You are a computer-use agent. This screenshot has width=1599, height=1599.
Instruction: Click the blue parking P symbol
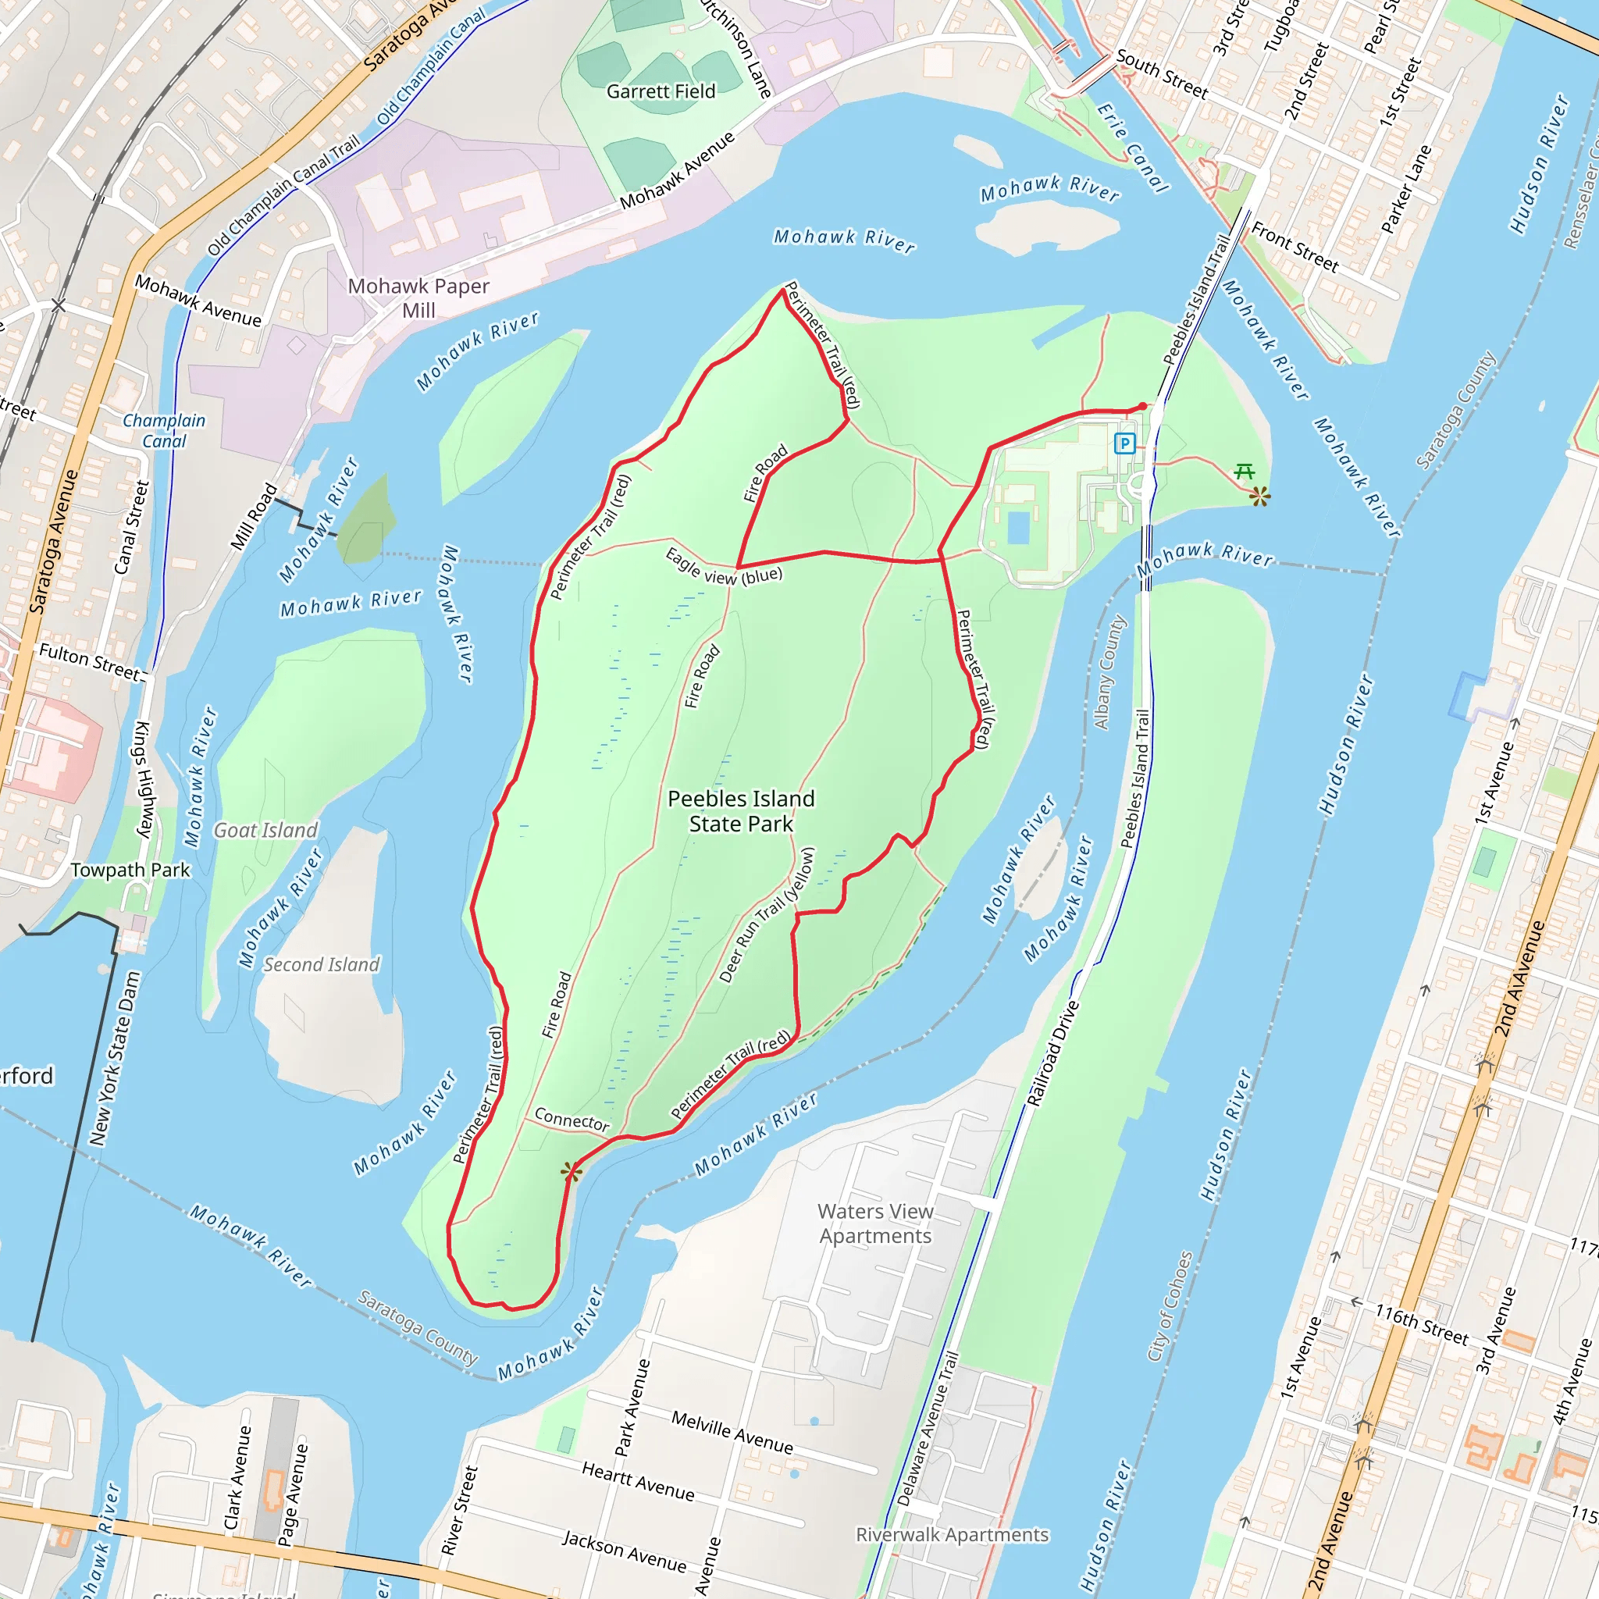pyautogui.click(x=1124, y=443)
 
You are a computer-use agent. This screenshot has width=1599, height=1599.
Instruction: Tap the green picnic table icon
pyautogui.click(x=1244, y=472)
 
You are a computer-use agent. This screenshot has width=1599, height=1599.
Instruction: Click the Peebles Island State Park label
pyautogui.click(x=741, y=811)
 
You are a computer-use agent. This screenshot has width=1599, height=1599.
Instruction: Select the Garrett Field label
pyautogui.click(x=661, y=91)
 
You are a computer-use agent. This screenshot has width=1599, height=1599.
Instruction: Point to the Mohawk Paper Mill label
pyautogui.click(x=418, y=298)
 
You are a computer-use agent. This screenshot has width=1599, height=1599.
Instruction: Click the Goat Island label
pyautogui.click(x=265, y=830)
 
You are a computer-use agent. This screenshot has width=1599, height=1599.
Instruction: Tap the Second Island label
pyautogui.click(x=321, y=964)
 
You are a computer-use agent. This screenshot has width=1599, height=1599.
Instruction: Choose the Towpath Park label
pyautogui.click(x=130, y=870)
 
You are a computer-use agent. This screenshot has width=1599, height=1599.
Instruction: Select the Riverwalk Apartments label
pyautogui.click(x=952, y=1534)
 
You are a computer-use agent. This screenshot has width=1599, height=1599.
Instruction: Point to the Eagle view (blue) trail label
pyautogui.click(x=723, y=568)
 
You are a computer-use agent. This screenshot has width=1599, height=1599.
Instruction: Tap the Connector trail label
pyautogui.click(x=572, y=1119)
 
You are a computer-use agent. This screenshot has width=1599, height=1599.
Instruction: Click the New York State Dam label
pyautogui.click(x=115, y=1059)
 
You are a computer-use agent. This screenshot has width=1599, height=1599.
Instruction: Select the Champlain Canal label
pyautogui.click(x=164, y=430)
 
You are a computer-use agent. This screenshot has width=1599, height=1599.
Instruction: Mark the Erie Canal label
pyautogui.click(x=1132, y=148)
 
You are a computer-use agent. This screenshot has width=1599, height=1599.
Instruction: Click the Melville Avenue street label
pyautogui.click(x=732, y=1433)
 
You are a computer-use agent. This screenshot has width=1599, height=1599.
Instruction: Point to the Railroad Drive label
pyautogui.click(x=1052, y=1052)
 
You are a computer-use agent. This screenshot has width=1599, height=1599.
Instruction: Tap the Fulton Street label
pyautogui.click(x=91, y=662)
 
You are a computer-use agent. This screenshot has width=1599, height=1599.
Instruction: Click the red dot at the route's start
pyautogui.click(x=1143, y=406)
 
